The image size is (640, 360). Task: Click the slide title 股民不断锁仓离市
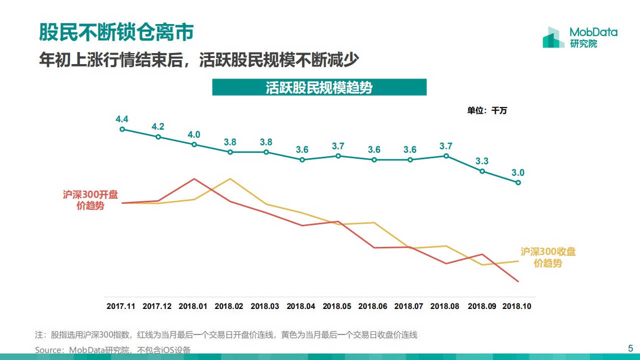(116, 33)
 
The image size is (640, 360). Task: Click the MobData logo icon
(553, 38)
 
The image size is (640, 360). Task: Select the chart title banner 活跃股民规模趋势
(319, 88)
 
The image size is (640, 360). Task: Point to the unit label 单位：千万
(487, 111)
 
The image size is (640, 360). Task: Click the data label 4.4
(122, 119)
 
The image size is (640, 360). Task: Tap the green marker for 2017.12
(158, 137)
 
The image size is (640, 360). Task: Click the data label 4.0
(194, 134)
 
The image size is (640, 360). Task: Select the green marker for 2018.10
(518, 183)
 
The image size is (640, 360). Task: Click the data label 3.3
(482, 161)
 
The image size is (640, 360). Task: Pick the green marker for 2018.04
(302, 160)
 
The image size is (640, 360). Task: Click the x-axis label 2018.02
(229, 306)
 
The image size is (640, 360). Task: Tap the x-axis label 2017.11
(121, 306)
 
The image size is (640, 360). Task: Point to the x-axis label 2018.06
(373, 306)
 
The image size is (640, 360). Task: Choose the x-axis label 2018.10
(517, 306)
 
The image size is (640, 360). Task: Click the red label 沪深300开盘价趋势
(91, 200)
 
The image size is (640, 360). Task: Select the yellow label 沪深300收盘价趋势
(548, 257)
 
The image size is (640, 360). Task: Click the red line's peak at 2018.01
(194, 179)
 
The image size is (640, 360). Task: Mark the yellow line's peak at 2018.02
(230, 179)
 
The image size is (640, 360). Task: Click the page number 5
(630, 348)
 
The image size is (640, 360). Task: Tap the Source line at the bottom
(113, 350)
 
